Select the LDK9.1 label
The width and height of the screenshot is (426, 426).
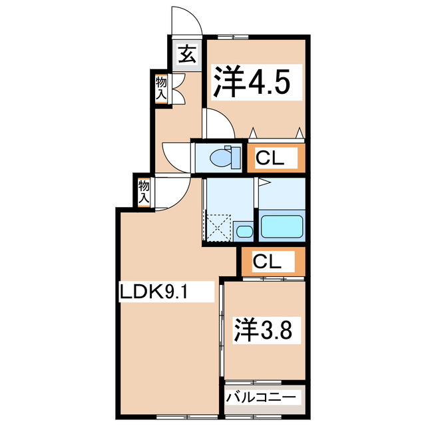157,291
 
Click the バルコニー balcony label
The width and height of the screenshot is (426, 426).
264,397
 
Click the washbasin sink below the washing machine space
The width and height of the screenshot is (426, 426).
244,232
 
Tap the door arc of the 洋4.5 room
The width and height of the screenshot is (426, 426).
219,122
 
